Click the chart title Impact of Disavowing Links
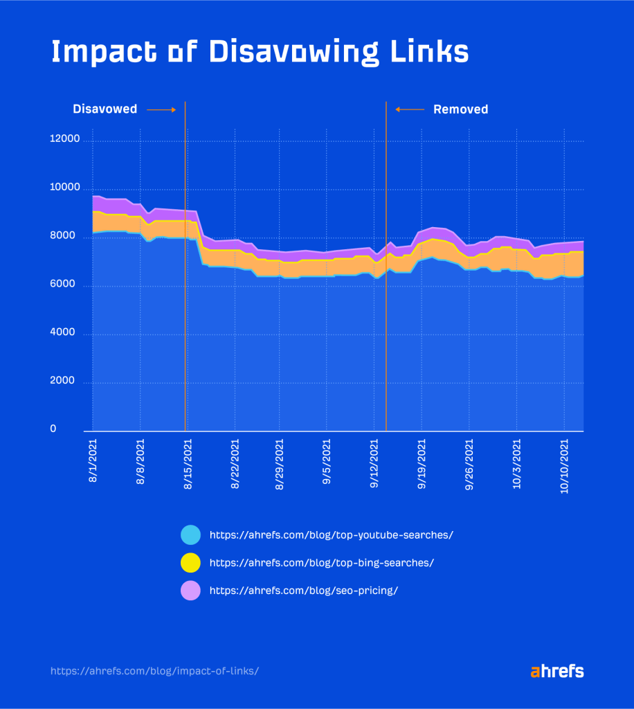(x=260, y=53)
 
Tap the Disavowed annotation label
(x=105, y=109)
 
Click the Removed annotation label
(x=460, y=109)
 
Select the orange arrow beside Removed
(x=410, y=109)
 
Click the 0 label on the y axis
(x=72, y=430)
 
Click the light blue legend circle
(x=190, y=535)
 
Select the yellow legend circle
(x=190, y=563)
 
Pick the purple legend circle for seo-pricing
(x=190, y=590)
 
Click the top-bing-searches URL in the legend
(x=321, y=563)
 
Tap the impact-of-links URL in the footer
(x=155, y=671)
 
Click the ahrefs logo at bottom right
(x=557, y=671)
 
